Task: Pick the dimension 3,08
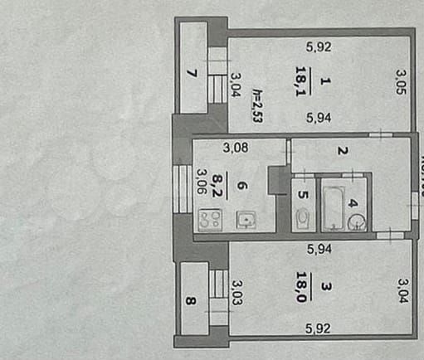[235, 149]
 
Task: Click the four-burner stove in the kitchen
[210, 221]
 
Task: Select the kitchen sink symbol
[247, 220]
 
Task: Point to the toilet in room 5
[302, 218]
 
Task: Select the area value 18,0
[300, 287]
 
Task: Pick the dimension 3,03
[237, 291]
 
